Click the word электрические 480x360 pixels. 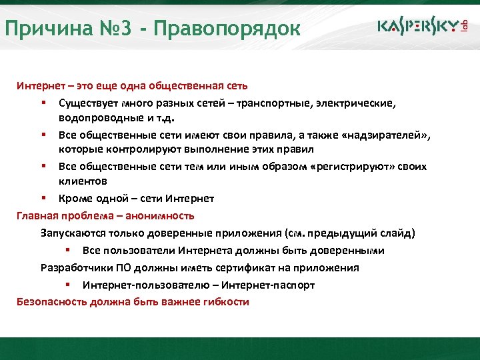click(x=353, y=104)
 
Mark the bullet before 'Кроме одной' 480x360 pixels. click(x=43, y=199)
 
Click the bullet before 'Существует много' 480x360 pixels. click(x=43, y=104)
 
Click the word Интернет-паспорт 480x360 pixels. click(x=269, y=285)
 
